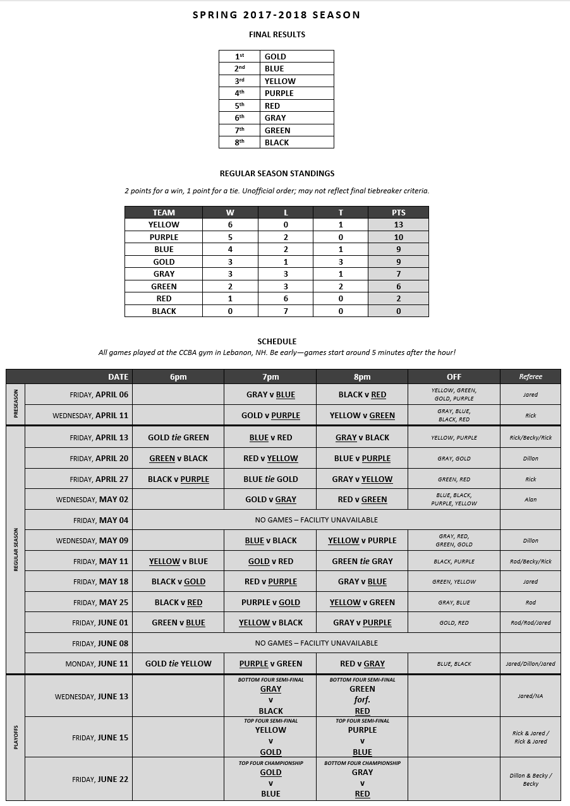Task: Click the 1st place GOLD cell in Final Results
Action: pyautogui.click(x=296, y=56)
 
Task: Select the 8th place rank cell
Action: pyautogui.click(x=239, y=143)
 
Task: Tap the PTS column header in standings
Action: pyautogui.click(x=398, y=212)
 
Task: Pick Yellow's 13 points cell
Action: pyautogui.click(x=398, y=225)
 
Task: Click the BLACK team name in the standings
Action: pyautogui.click(x=164, y=311)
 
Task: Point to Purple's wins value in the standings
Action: pyautogui.click(x=230, y=237)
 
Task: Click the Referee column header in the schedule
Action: pyautogui.click(x=530, y=376)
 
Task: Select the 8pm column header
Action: pyautogui.click(x=362, y=376)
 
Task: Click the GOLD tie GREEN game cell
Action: pyautogui.click(x=178, y=437)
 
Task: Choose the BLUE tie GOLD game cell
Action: pyautogui.click(x=270, y=479)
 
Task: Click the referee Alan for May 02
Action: pyautogui.click(x=530, y=499)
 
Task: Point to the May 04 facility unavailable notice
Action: pyautogui.click(x=316, y=520)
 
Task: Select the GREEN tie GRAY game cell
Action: pyautogui.click(x=362, y=561)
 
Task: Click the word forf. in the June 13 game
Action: pyautogui.click(x=362, y=700)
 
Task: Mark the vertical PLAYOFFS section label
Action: pyautogui.click(x=15, y=737)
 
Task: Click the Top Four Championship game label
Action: pyautogui.click(x=270, y=763)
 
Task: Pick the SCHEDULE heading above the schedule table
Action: pyautogui.click(x=277, y=341)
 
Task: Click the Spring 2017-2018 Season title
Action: pyautogui.click(x=277, y=15)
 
